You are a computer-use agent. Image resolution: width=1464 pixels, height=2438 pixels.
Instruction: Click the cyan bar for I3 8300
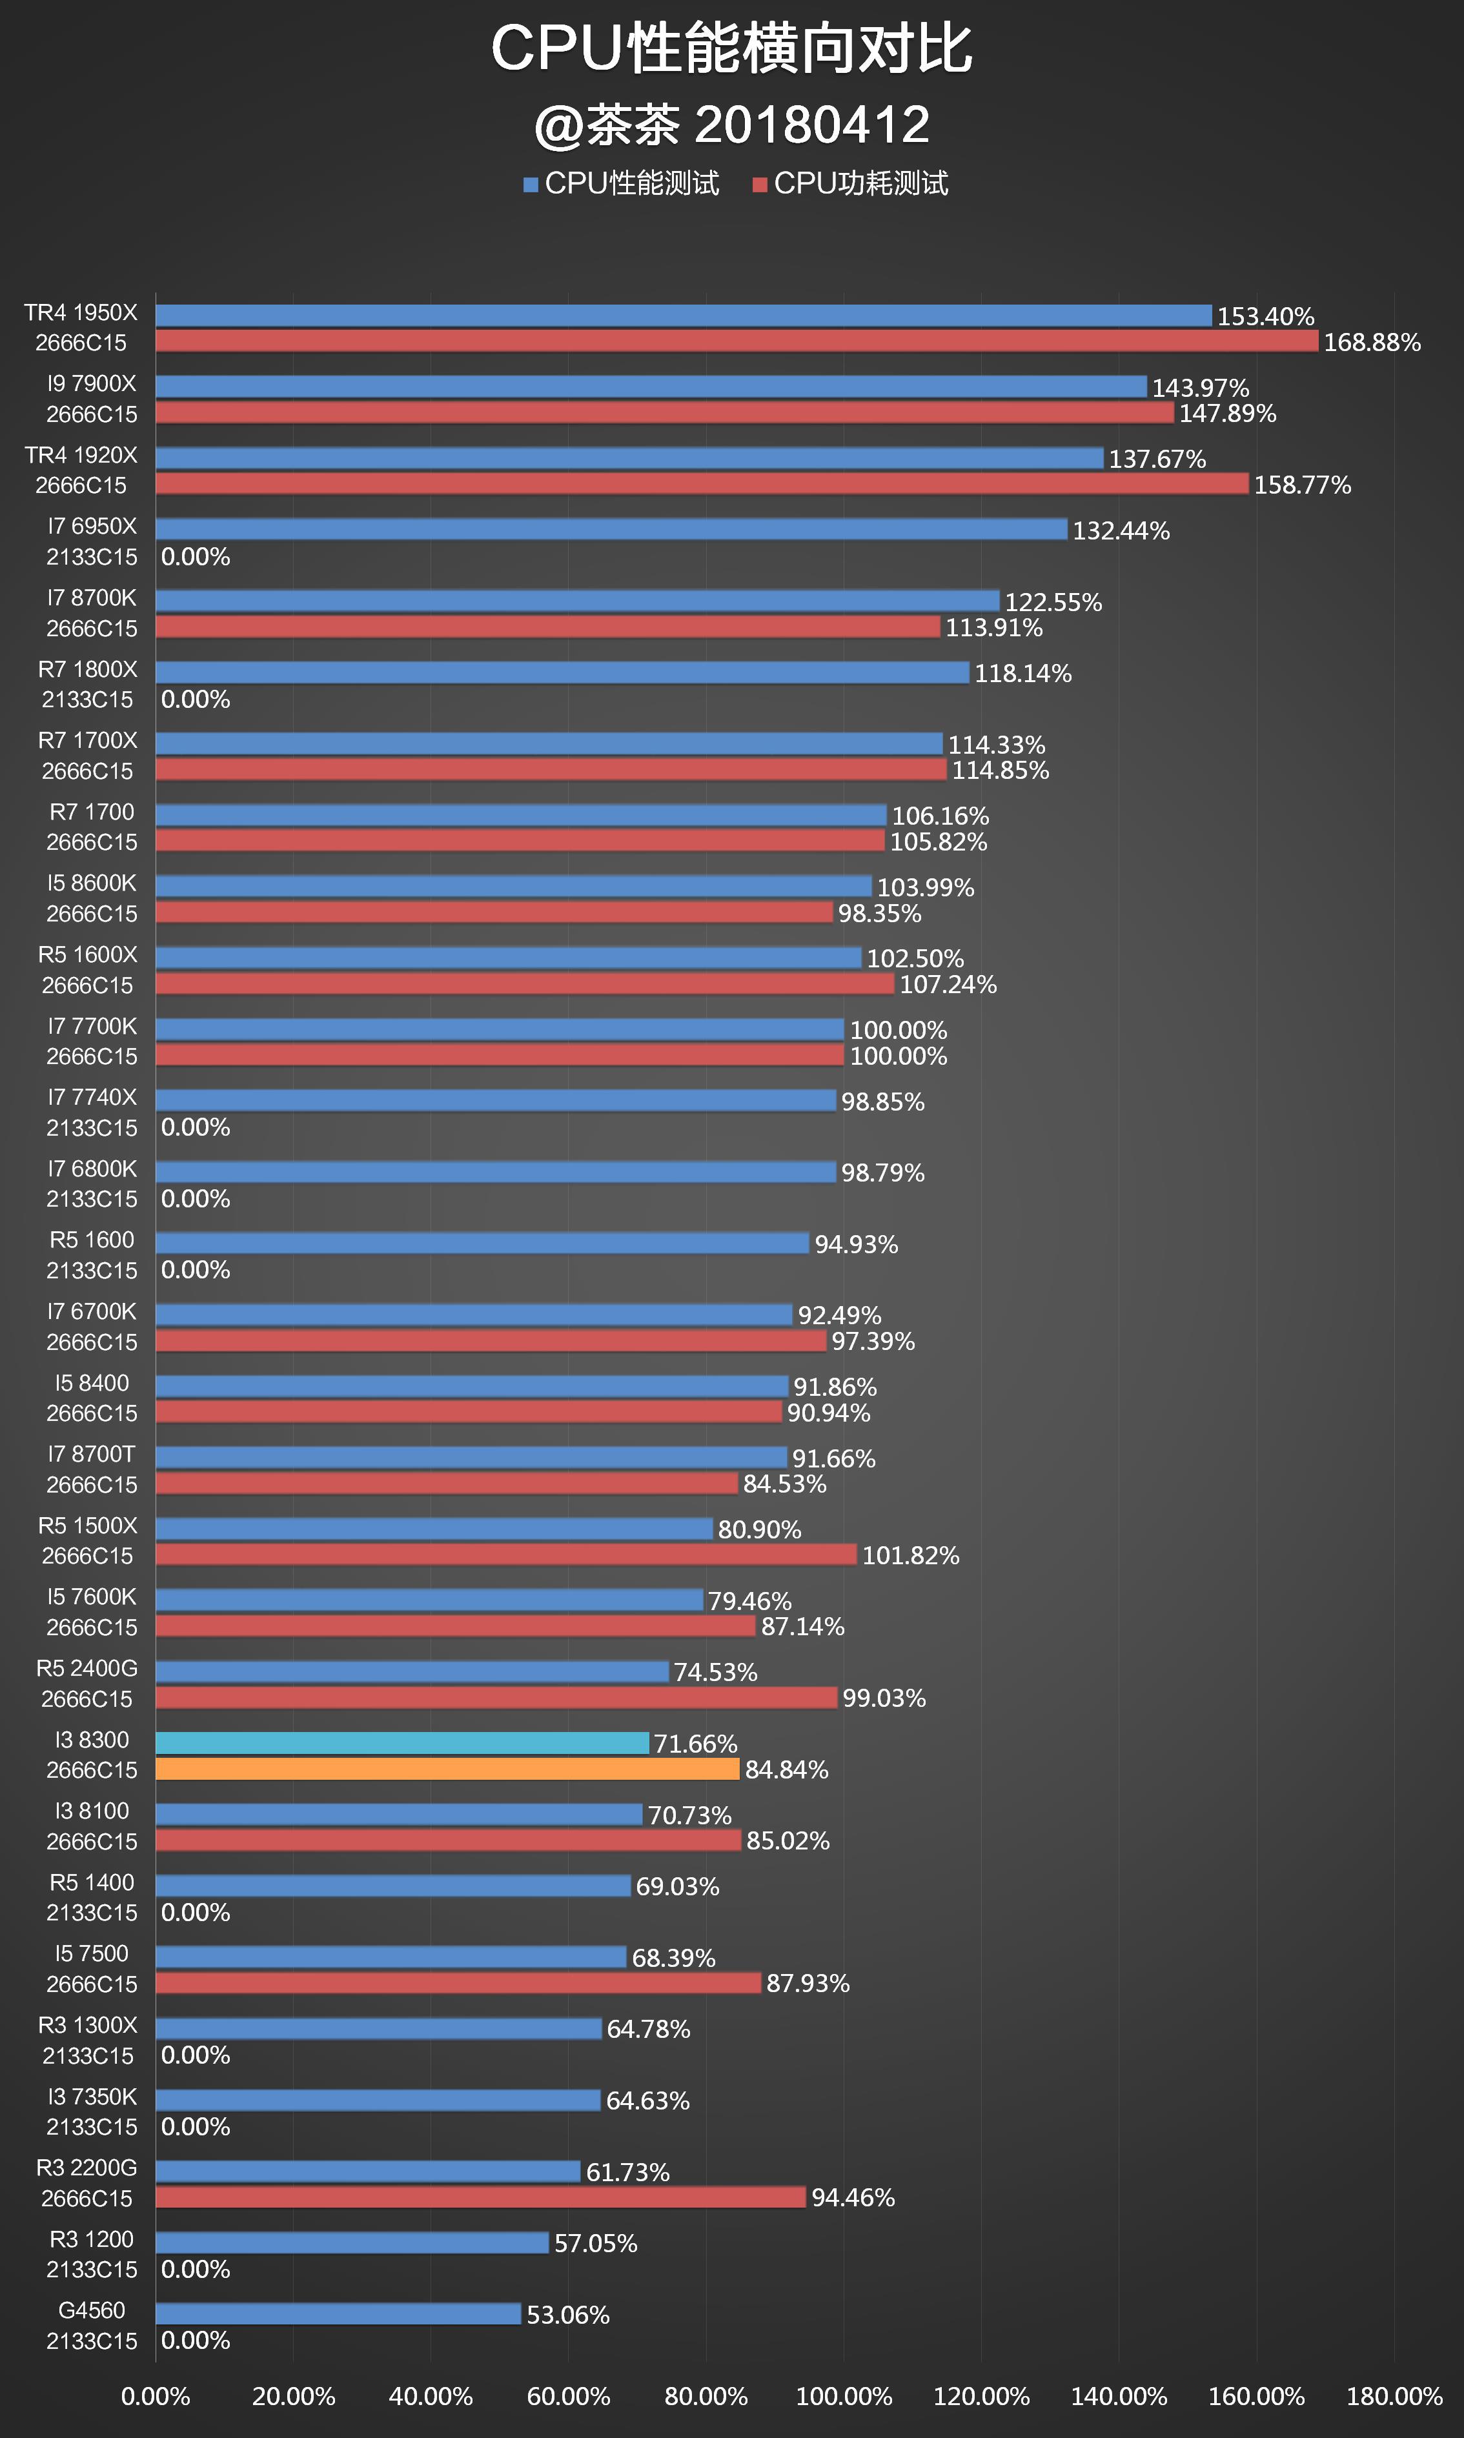[403, 1743]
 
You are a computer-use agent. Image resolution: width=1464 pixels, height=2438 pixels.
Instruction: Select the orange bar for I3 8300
[447, 1768]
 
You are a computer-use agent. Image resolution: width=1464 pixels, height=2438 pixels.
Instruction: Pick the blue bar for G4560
[338, 2313]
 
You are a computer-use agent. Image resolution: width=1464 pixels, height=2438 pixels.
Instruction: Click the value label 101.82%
[910, 1555]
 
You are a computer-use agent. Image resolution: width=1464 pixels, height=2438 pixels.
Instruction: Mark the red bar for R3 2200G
[480, 2197]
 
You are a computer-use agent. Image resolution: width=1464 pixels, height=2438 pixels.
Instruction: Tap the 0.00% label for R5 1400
[196, 1912]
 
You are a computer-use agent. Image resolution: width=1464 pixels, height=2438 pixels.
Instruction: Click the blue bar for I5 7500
[391, 1957]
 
